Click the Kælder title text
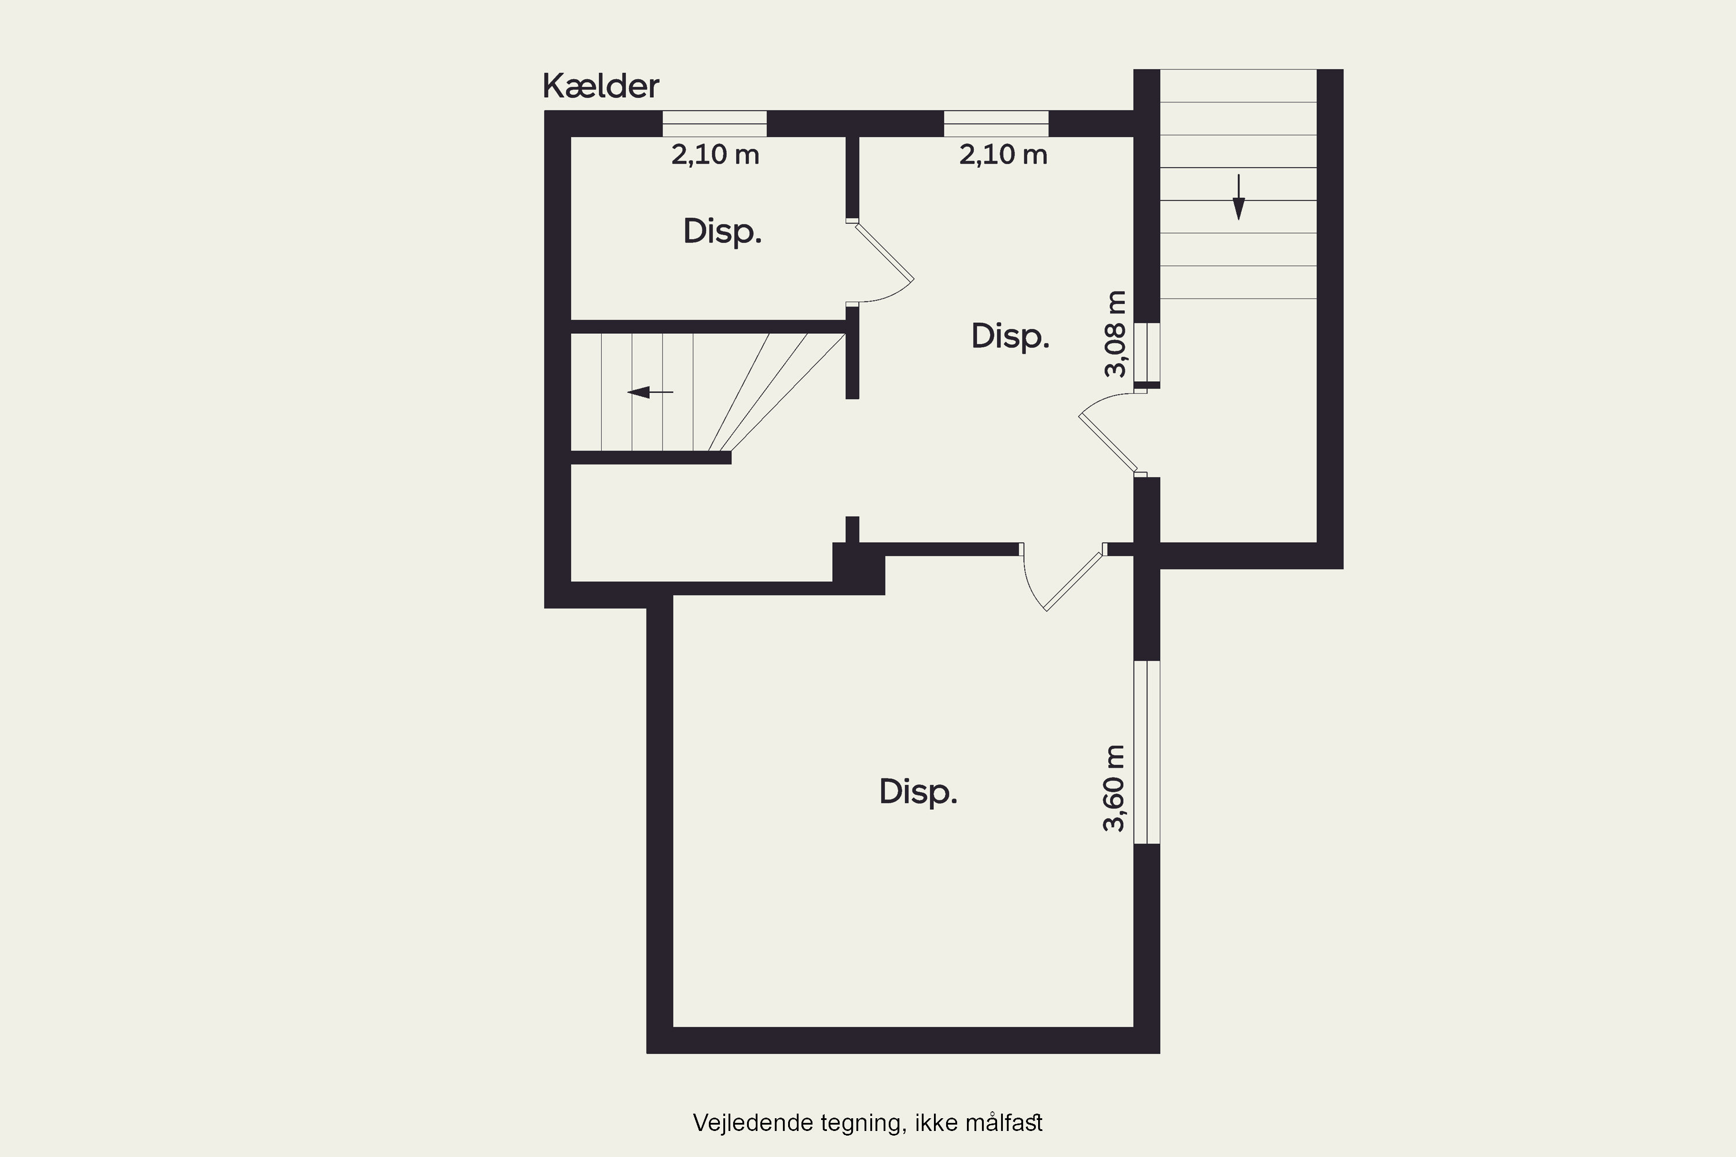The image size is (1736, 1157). coord(601,86)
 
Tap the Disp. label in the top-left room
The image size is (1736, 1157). coord(722,232)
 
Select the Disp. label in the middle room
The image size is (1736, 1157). coord(1010,337)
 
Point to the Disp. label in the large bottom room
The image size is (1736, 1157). coord(918,792)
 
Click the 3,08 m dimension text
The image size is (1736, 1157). coord(1115,334)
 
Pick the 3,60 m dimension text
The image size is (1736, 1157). coord(1114,788)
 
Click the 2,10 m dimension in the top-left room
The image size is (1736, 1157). coord(715,154)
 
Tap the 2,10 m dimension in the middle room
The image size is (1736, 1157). coord(1003,154)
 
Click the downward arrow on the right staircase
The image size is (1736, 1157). coord(1238,197)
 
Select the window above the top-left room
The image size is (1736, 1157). coord(715,124)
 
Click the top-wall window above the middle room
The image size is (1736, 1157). coord(996,124)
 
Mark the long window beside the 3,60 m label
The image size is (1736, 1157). coord(1147,752)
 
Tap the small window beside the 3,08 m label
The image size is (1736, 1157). coord(1147,352)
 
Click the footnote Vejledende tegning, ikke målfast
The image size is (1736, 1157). coord(867,1123)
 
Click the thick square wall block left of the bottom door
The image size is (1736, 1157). coord(858,569)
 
